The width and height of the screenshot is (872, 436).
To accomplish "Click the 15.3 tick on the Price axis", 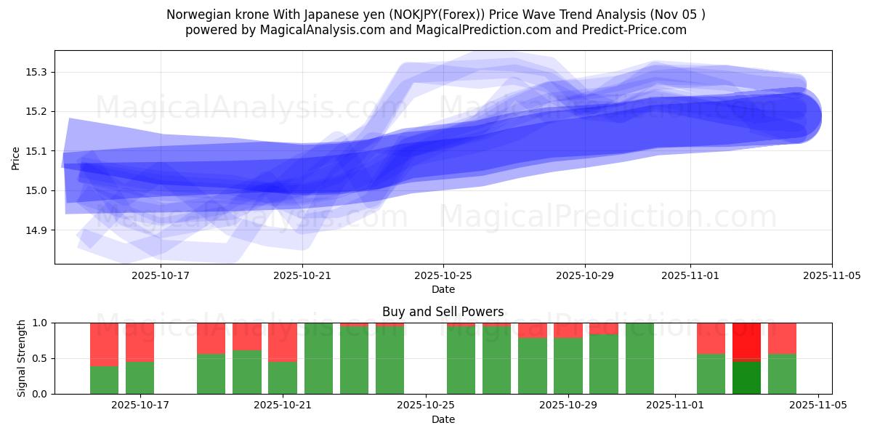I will pos(36,72).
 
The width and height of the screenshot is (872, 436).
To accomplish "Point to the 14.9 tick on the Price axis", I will pos(36,230).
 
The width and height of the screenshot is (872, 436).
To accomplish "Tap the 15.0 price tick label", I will pos(36,190).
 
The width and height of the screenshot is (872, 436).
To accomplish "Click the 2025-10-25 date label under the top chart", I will pos(443,276).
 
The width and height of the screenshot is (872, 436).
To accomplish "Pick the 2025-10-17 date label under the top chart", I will pos(160,276).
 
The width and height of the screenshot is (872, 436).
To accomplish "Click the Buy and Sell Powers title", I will pos(443,312).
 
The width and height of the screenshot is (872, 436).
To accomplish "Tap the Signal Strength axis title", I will pos(22,358).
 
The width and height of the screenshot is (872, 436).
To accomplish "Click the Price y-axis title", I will pos(16,157).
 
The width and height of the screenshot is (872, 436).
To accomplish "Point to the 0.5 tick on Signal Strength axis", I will pos(39,358).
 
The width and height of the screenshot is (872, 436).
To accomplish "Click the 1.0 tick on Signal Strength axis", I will pos(39,323).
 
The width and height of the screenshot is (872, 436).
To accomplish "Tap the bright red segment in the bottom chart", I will pos(746,340).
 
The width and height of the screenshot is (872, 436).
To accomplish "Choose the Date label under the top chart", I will pos(443,289).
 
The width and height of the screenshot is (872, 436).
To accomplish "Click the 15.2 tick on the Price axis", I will pos(36,111).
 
